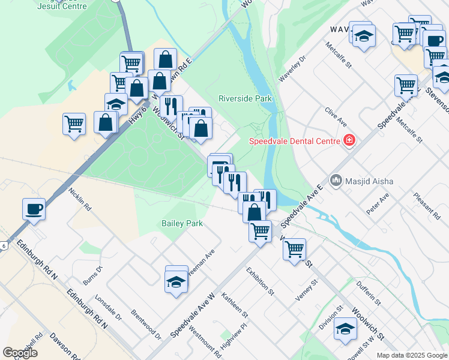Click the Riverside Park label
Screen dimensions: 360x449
[x=245, y=98]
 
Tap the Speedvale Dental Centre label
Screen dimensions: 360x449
[x=295, y=141]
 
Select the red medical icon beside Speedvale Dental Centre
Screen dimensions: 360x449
[x=349, y=141]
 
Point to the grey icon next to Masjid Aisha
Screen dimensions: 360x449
[x=336, y=180]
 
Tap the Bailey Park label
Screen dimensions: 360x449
[x=182, y=223]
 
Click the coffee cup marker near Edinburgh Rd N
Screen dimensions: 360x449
[x=34, y=209]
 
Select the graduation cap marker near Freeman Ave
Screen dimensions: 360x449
[x=176, y=280]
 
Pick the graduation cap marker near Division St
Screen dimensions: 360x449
[x=345, y=329]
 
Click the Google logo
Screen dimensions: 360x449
[x=20, y=353]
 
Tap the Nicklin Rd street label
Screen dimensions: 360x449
[x=80, y=199]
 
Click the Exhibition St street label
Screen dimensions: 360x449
[x=260, y=281]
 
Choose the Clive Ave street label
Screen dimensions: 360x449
[x=336, y=116]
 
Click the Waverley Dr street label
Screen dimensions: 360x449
[x=292, y=69]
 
